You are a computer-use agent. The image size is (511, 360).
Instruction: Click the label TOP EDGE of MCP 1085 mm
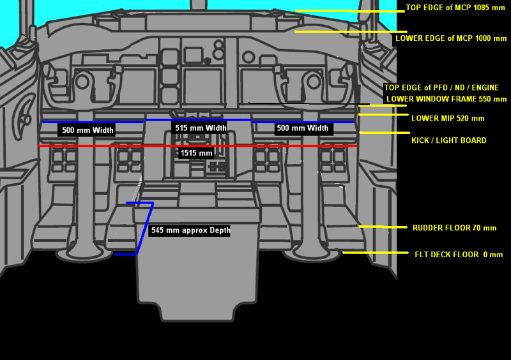coord(455,8)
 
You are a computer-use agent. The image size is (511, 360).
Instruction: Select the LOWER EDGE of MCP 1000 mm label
coord(451,38)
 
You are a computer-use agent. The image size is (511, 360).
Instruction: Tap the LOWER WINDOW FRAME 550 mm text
coord(446,99)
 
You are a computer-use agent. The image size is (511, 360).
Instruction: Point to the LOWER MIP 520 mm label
coord(448,118)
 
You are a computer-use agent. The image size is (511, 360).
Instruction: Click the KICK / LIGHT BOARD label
coord(448,140)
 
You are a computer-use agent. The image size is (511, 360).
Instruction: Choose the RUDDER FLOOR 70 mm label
coord(454,228)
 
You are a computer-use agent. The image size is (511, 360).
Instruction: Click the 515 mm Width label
coord(201,128)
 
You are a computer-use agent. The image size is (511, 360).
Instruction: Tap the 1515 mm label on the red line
coord(196,153)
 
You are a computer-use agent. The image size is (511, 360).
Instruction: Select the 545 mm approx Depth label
coord(190,230)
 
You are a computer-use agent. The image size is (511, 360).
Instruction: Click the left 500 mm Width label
coord(88,130)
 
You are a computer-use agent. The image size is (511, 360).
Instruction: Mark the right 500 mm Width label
coord(302,128)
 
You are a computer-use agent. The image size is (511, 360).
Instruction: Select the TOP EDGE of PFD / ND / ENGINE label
coord(441,87)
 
